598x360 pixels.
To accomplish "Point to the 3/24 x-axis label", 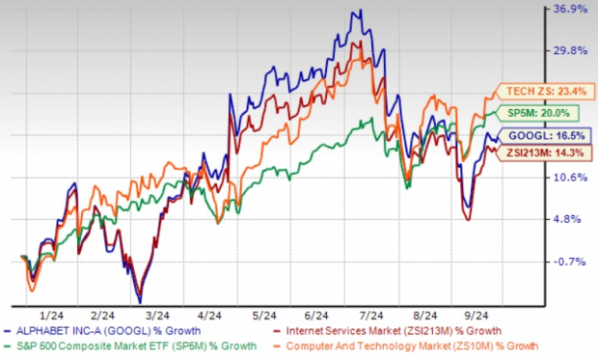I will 156,316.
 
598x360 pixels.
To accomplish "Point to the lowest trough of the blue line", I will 140,301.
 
